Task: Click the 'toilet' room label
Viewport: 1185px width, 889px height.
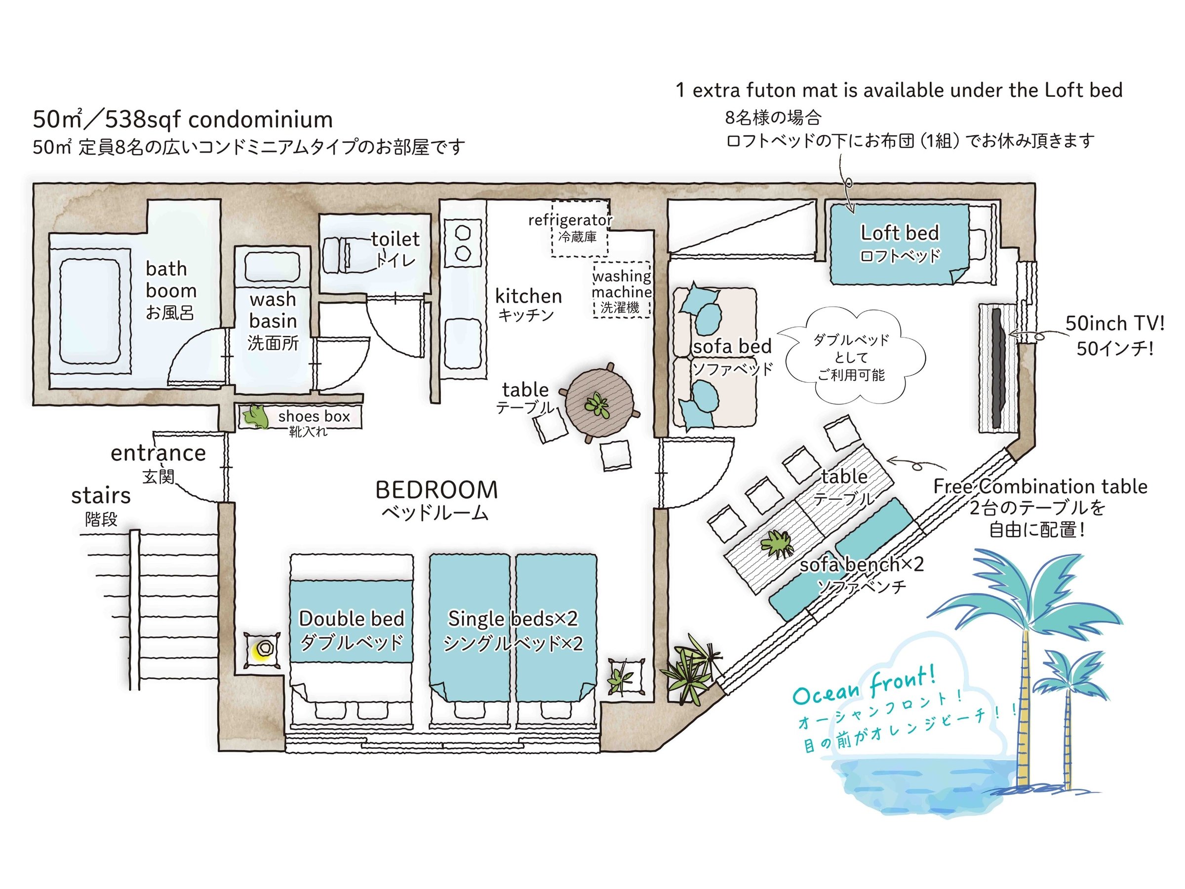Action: click(395, 239)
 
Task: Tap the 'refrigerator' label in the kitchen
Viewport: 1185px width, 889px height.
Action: click(570, 220)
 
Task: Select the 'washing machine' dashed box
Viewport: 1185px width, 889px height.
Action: click(622, 290)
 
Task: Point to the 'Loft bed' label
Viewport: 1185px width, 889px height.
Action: click(900, 233)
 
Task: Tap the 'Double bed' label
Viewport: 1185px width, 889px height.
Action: click(352, 619)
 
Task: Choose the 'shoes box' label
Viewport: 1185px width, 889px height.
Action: click(314, 416)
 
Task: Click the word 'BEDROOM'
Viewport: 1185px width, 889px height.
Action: click(436, 490)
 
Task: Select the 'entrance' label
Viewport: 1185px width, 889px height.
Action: click(158, 453)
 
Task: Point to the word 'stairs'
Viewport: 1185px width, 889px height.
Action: click(101, 496)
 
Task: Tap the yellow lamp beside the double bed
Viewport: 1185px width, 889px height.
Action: click(264, 649)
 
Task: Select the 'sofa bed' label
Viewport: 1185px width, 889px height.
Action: click(732, 347)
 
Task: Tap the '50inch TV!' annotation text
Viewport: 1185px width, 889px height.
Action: click(1114, 323)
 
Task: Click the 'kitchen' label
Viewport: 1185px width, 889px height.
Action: click(528, 296)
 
